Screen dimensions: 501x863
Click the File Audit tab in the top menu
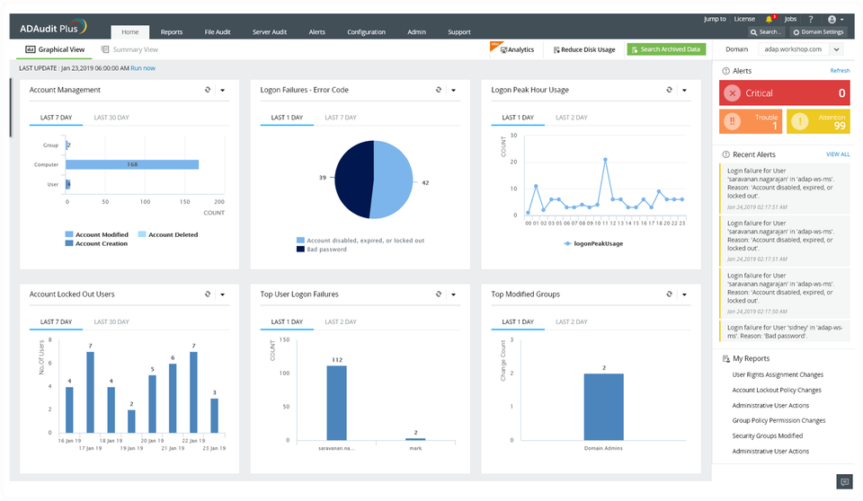217,31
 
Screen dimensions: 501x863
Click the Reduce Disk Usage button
584,49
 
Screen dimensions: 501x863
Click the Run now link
143,68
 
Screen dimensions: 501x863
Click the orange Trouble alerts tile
751,121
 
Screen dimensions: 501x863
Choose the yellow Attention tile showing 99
818,121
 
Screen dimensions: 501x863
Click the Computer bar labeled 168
131,164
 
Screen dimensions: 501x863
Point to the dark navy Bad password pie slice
352,180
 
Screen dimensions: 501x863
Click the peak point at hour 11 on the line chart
605,160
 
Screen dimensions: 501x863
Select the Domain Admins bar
603,407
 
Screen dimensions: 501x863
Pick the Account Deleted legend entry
173,234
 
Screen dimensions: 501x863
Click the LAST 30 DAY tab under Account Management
111,118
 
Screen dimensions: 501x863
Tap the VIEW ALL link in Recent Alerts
837,154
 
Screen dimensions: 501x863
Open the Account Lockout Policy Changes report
778,391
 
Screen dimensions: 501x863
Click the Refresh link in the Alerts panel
840,70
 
